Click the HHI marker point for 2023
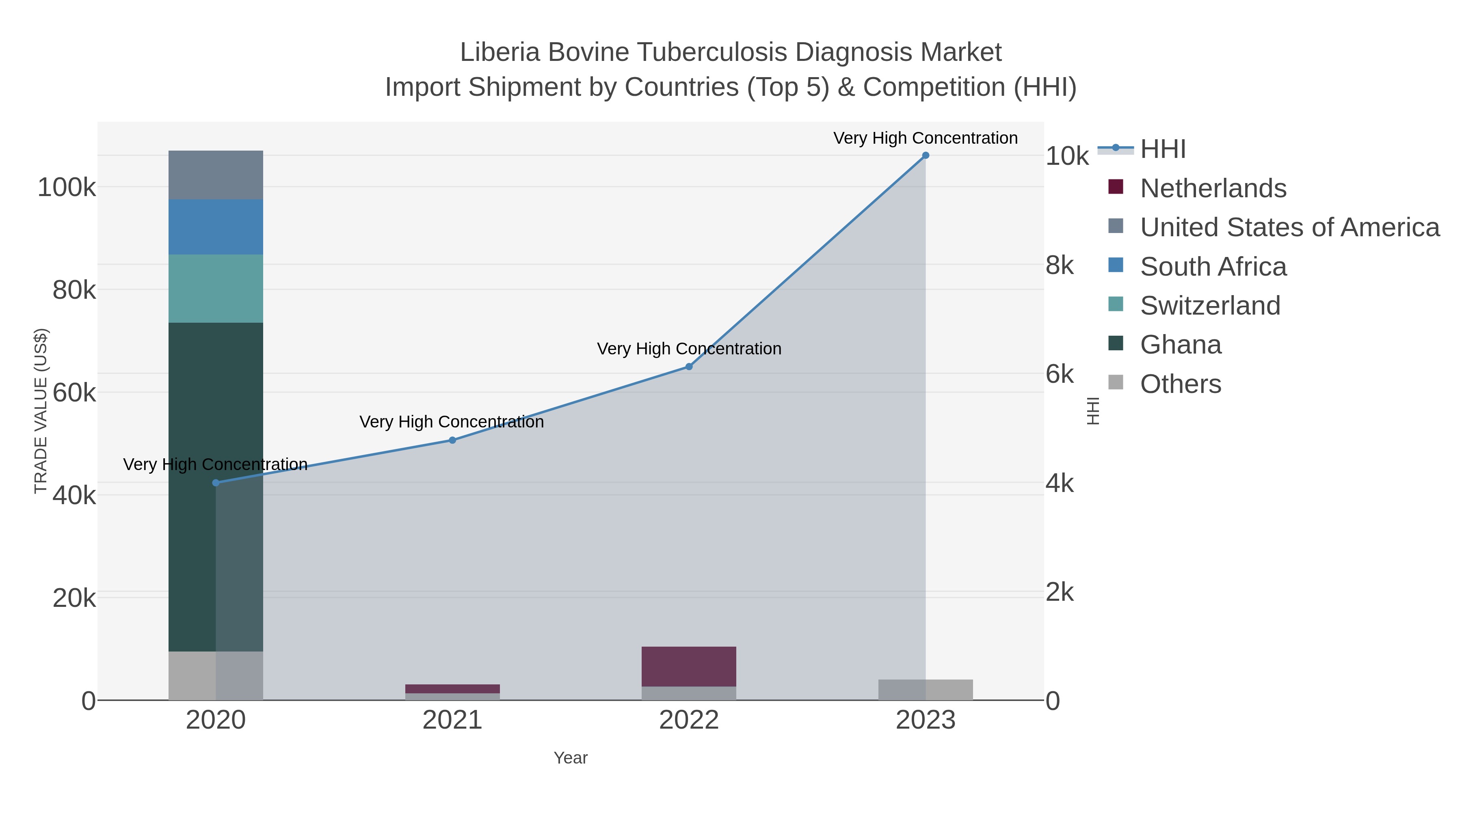point(925,155)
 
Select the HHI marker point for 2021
point(452,440)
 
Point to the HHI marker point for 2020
point(216,483)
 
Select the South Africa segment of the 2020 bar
point(216,227)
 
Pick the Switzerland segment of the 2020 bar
point(216,289)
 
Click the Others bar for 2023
point(925,690)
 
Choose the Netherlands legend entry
point(1213,188)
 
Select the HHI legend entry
point(1163,149)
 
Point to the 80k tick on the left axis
point(74,291)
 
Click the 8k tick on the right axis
point(1060,265)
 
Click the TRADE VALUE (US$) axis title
point(41,411)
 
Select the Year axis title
point(571,758)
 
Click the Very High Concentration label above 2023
point(925,138)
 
